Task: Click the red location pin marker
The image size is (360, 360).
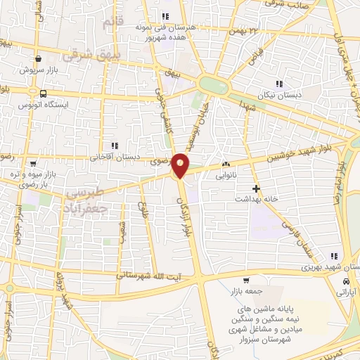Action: (x=181, y=165)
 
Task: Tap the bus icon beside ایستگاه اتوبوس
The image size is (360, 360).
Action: (x=43, y=93)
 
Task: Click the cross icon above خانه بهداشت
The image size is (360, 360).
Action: (x=256, y=188)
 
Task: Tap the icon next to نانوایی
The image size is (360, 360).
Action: (x=225, y=165)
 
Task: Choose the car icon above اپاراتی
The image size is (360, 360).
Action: (x=345, y=281)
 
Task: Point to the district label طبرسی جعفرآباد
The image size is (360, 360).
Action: (x=84, y=200)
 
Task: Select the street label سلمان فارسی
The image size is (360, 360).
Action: (x=296, y=231)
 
